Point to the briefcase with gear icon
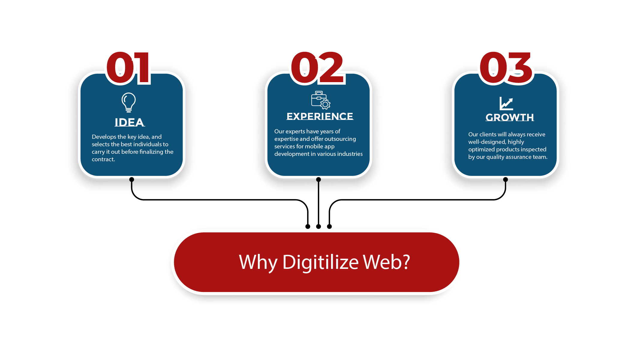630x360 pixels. (x=321, y=100)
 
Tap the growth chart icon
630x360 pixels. (x=506, y=103)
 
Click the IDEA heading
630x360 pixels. (x=130, y=122)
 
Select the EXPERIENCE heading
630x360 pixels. (x=320, y=116)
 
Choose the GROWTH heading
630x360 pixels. (x=510, y=117)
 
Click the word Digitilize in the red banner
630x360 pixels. (x=321, y=263)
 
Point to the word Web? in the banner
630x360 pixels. (x=387, y=262)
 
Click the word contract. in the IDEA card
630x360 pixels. (x=103, y=159)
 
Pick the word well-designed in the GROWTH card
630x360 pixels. (x=487, y=142)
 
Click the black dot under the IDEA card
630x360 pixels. (x=132, y=180)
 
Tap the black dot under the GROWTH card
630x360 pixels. (x=506, y=180)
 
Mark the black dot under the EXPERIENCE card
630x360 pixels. (x=318, y=180)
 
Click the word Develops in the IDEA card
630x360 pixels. (x=104, y=137)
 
